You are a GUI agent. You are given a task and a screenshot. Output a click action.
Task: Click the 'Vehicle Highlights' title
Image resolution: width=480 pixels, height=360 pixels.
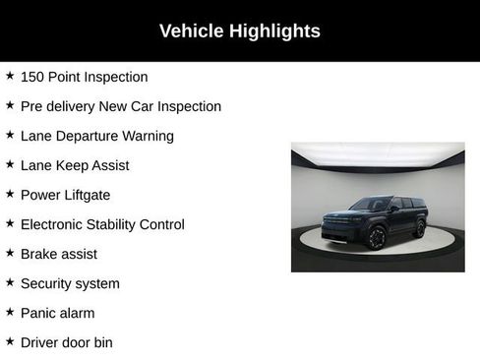pyautogui.click(x=240, y=31)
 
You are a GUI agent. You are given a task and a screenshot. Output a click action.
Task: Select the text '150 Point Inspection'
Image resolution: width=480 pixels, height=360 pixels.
pyautogui.click(x=84, y=77)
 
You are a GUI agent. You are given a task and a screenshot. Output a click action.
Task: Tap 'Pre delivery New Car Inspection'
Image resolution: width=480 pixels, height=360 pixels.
pyautogui.click(x=120, y=106)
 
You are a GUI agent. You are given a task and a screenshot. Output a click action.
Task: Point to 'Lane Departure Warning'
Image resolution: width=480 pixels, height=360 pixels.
pyautogui.click(x=96, y=136)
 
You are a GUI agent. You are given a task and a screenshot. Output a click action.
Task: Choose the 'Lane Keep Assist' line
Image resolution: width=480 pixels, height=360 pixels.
pyautogui.click(x=75, y=165)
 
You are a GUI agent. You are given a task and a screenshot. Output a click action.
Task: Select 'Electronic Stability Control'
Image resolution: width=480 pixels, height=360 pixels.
pyautogui.click(x=102, y=224)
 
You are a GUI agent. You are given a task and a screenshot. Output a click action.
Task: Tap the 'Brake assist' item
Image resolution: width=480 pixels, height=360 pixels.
pyautogui.click(x=59, y=254)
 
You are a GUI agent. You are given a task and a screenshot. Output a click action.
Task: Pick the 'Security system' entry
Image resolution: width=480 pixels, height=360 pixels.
pyautogui.click(x=70, y=283)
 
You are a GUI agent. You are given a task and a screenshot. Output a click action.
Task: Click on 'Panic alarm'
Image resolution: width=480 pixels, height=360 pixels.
pyautogui.click(x=58, y=313)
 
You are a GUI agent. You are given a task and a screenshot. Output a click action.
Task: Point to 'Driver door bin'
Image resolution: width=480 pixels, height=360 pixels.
pyautogui.click(x=66, y=342)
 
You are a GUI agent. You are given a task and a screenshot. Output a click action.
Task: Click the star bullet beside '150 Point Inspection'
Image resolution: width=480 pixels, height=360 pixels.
pyautogui.click(x=10, y=76)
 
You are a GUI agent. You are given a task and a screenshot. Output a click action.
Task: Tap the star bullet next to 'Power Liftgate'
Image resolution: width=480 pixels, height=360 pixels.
pyautogui.click(x=10, y=194)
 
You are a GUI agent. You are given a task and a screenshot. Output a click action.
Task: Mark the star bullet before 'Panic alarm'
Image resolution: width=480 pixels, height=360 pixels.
pyautogui.click(x=10, y=312)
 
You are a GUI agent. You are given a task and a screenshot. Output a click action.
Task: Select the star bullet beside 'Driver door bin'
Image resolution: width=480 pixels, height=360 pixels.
pyautogui.click(x=10, y=341)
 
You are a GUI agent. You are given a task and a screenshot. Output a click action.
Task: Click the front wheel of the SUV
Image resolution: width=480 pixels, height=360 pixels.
pyautogui.click(x=377, y=237)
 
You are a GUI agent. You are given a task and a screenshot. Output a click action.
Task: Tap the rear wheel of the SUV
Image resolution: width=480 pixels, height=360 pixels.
pyautogui.click(x=420, y=228)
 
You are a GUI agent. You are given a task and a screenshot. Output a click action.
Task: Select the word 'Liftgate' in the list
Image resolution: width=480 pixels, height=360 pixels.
pyautogui.click(x=88, y=195)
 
